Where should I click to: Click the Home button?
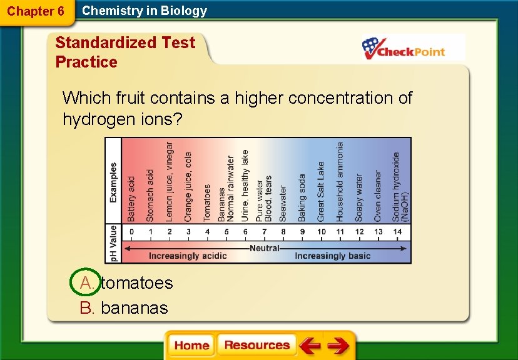pos(191,346)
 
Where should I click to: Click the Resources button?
pos(256,345)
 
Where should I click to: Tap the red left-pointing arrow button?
pos(309,346)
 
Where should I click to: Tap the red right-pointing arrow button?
pos(338,346)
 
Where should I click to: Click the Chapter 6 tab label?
pos(36,11)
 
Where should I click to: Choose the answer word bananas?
pos(134,307)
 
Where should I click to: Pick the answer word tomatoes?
pos(136,283)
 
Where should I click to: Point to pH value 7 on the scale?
pos(264,232)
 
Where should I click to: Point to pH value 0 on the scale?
pos(131,232)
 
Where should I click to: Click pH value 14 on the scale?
pos(397,232)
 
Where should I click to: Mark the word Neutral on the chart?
pos(265,248)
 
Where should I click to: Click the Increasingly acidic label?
pos(188,256)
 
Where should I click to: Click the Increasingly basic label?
pos(333,256)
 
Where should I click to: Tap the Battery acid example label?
pos(131,198)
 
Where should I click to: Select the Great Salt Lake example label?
pos(321,191)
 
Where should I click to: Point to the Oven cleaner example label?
pos(378,196)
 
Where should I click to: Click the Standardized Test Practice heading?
pos(125,52)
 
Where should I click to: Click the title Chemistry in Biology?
pos(145,11)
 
